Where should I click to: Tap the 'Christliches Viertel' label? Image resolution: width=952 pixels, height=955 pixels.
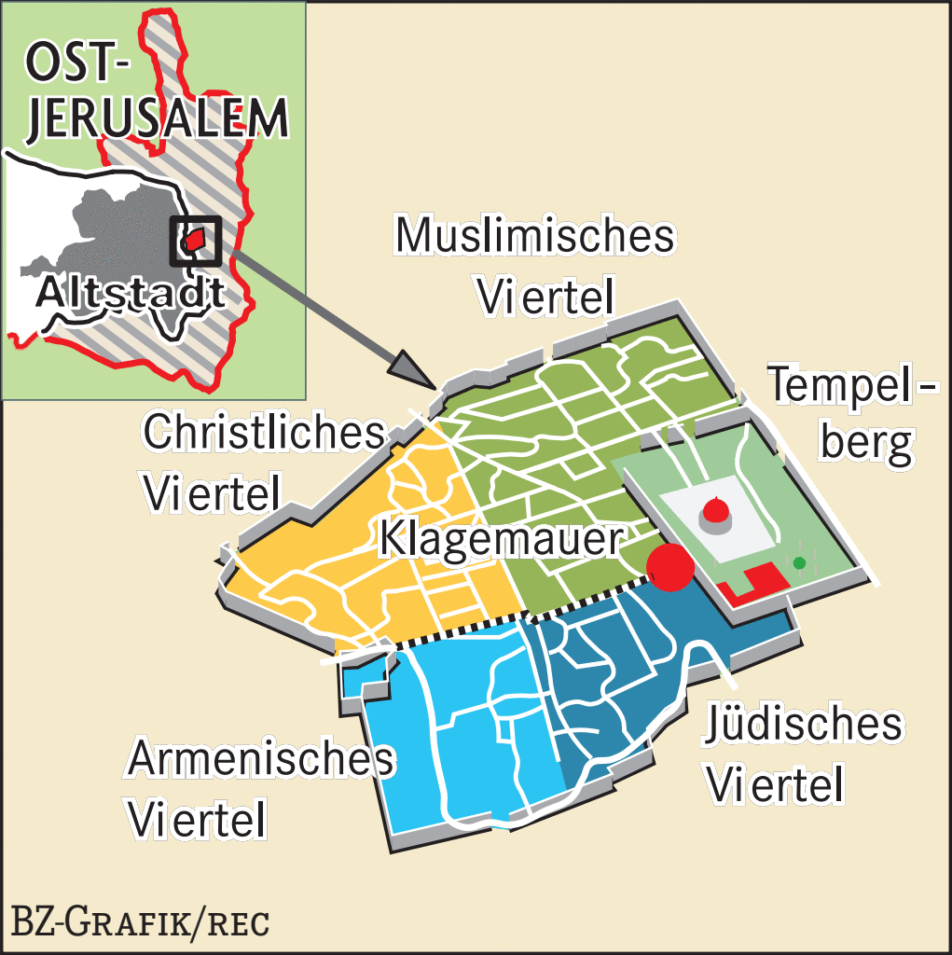pyautogui.click(x=263, y=463)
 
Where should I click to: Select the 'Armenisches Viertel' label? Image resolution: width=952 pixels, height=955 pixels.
pyautogui.click(x=260, y=789)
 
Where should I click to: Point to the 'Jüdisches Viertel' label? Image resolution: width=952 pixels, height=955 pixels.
pyautogui.click(x=803, y=754)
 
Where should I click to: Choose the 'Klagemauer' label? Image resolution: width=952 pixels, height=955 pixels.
pyautogui.click(x=501, y=540)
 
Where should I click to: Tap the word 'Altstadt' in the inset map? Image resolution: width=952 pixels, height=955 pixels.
pyautogui.click(x=131, y=293)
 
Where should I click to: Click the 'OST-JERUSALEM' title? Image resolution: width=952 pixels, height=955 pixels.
pyautogui.click(x=155, y=94)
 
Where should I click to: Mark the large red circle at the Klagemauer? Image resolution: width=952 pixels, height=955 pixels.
pyautogui.click(x=669, y=566)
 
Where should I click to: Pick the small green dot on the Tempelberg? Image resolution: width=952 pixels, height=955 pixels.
pyautogui.click(x=798, y=562)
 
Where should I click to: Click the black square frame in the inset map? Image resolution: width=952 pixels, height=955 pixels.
pyautogui.click(x=195, y=241)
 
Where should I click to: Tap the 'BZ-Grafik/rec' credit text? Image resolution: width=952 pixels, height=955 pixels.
pyautogui.click(x=140, y=921)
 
